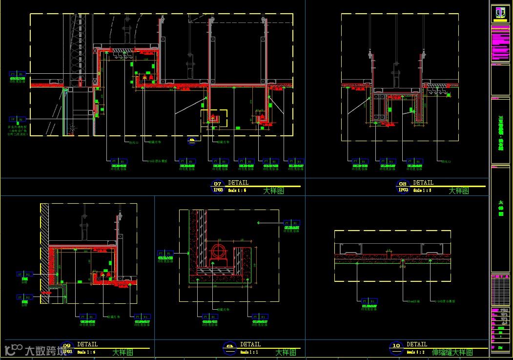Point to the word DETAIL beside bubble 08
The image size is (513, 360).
pyautogui.click(x=423, y=183)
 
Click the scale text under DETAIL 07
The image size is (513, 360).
pyautogui.click(x=237, y=191)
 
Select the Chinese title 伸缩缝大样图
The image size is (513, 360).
pyautogui.click(x=452, y=352)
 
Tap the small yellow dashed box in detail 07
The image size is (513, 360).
pyautogui.click(x=214, y=117)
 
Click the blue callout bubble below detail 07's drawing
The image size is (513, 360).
pyautogui.click(x=192, y=141)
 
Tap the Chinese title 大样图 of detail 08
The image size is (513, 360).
pyautogui.click(x=458, y=191)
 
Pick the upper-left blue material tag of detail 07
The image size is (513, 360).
pyautogui.click(x=17, y=74)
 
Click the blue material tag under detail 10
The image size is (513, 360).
pyautogui.click(x=369, y=301)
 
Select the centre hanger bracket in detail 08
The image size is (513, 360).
pyautogui.click(x=396, y=76)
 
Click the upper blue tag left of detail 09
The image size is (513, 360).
pyautogui.click(x=24, y=275)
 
